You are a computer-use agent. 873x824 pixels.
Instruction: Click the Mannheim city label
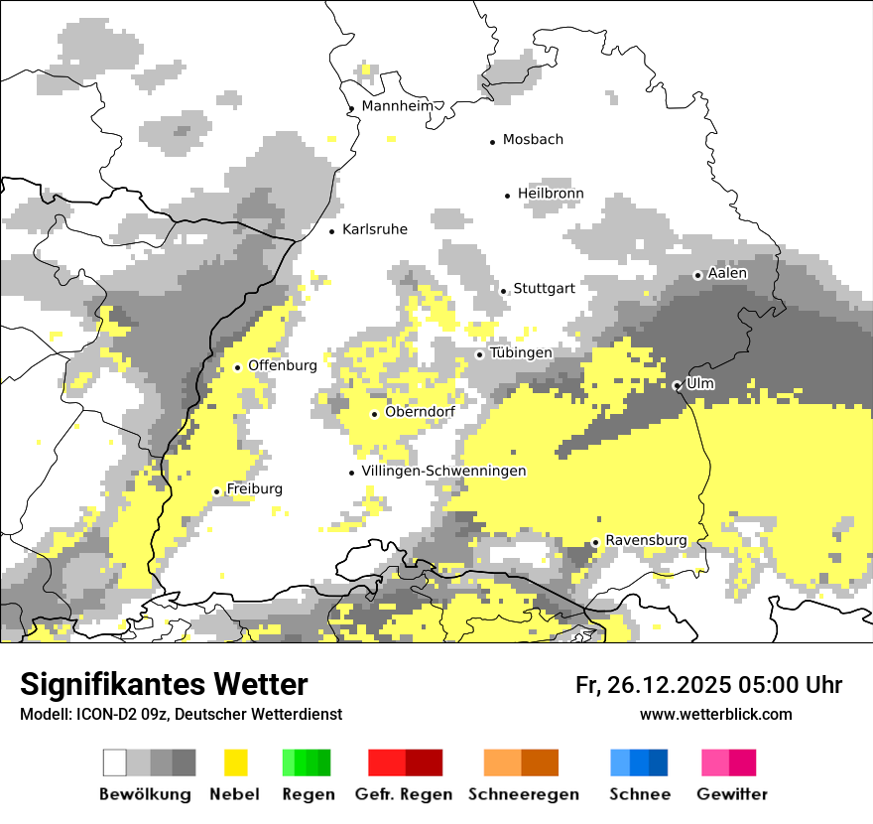coord(398,106)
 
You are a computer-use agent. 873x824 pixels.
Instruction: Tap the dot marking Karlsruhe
coord(332,231)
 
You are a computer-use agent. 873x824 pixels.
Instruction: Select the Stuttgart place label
coord(544,289)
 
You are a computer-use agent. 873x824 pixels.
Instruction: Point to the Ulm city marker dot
coord(677,385)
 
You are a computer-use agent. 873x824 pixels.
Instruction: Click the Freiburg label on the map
coord(254,489)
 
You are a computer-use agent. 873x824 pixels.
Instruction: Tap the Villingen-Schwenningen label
coord(443,472)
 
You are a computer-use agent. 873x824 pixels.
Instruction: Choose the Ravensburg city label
coord(646,540)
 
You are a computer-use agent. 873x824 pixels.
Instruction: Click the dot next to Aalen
coord(697,275)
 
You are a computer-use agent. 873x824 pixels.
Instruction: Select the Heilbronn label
coord(551,194)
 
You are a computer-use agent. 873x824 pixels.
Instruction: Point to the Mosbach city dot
coord(492,142)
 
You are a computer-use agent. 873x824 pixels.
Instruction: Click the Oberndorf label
coord(420,412)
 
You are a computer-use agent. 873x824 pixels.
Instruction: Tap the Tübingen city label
coord(521,353)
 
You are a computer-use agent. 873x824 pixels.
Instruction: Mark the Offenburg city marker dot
coord(237,367)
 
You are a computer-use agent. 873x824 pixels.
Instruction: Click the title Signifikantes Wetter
coord(164,685)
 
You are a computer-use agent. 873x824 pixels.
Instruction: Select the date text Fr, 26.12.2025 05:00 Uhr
coord(708,685)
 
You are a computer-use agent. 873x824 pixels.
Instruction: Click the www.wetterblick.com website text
coord(715,714)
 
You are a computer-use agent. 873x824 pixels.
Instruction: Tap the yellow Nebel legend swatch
coord(236,762)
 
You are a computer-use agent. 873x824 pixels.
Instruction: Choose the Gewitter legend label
coord(731,794)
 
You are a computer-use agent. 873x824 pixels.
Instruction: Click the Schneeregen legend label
coord(523,794)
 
